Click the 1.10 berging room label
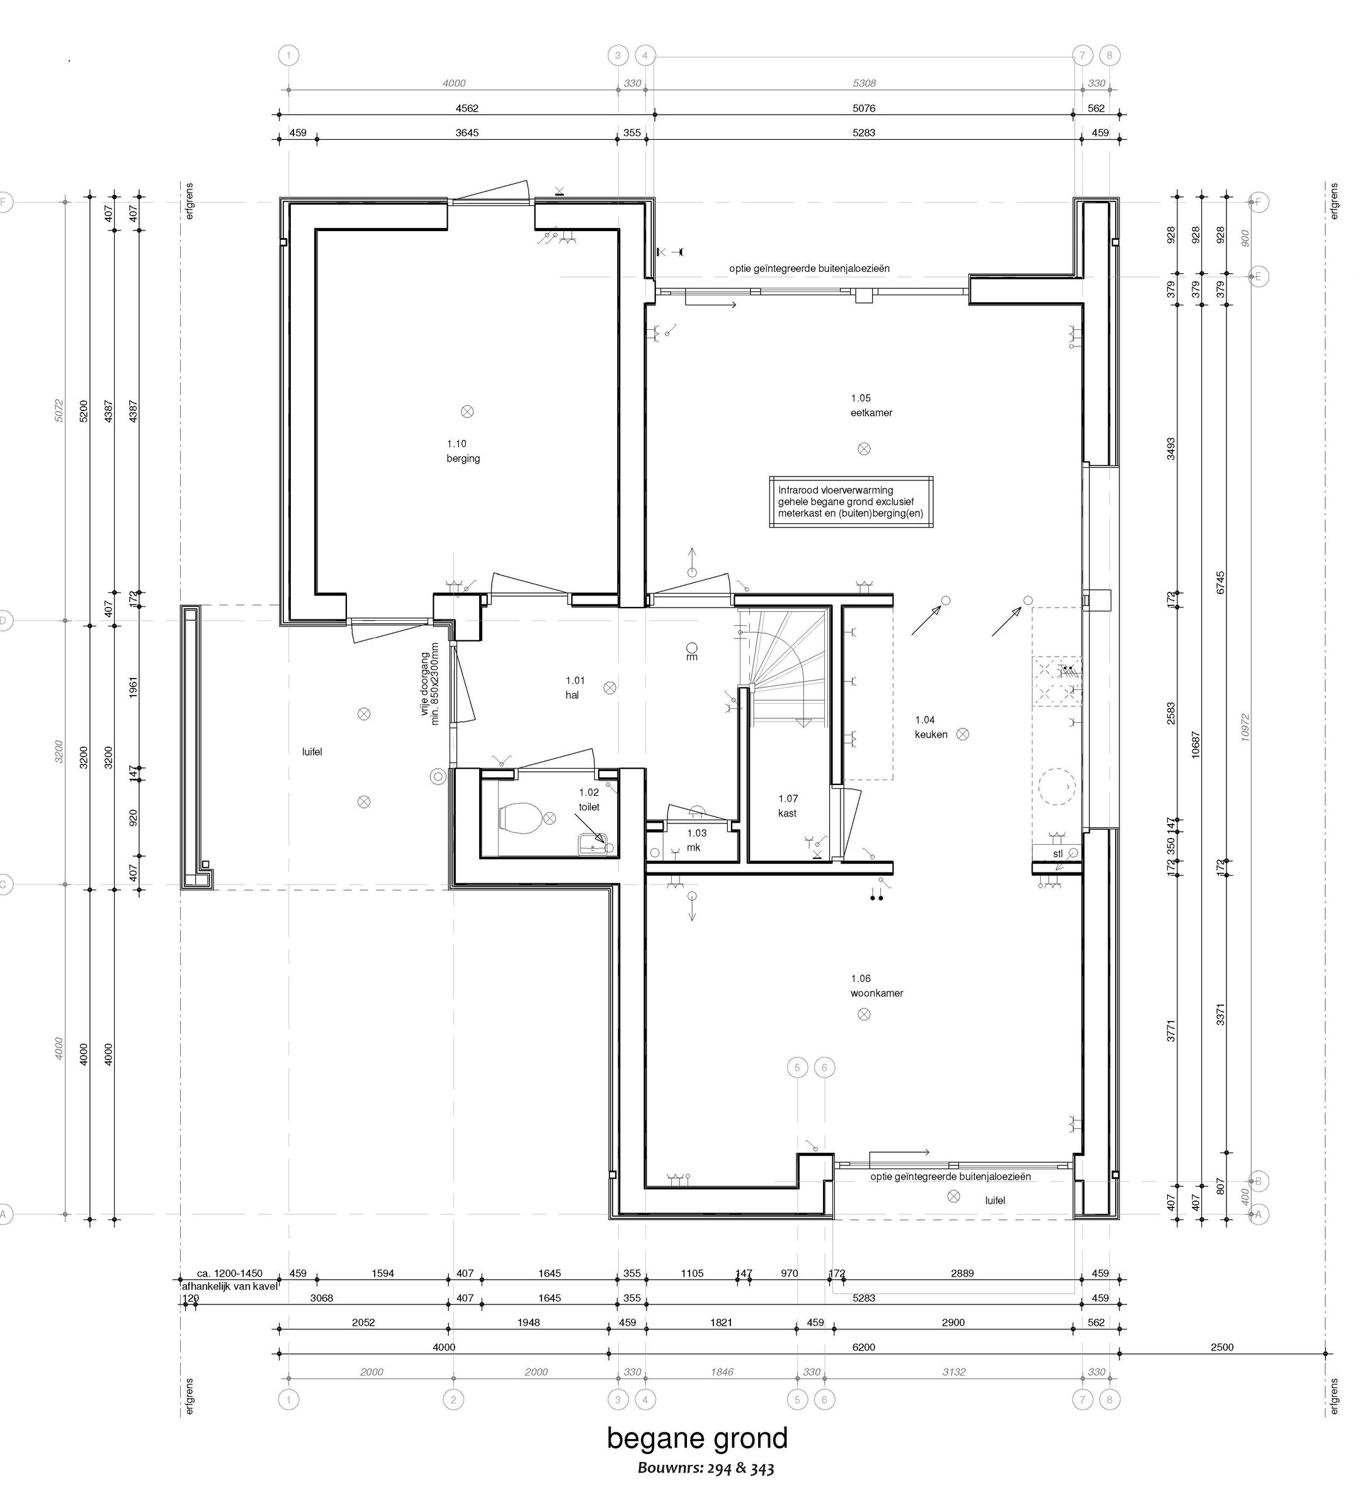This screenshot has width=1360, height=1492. click(x=463, y=451)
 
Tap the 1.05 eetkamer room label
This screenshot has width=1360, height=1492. click(x=871, y=405)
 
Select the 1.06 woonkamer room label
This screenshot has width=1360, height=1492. click(x=876, y=986)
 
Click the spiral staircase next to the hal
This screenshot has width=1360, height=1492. click(x=785, y=666)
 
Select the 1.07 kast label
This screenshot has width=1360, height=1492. click(x=788, y=806)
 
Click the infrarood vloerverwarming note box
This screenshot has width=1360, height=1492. click(x=851, y=502)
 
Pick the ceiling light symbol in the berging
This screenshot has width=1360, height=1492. click(x=467, y=412)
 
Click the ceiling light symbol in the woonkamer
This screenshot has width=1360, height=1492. click(x=863, y=1015)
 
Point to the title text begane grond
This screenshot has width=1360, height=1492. click(x=698, y=1438)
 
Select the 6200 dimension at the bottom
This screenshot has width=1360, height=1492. click(x=863, y=1347)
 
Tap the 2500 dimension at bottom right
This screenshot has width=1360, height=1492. click(x=1221, y=1347)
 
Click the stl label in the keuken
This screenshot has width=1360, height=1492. click(x=1058, y=853)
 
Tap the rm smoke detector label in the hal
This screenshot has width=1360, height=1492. click(x=691, y=657)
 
